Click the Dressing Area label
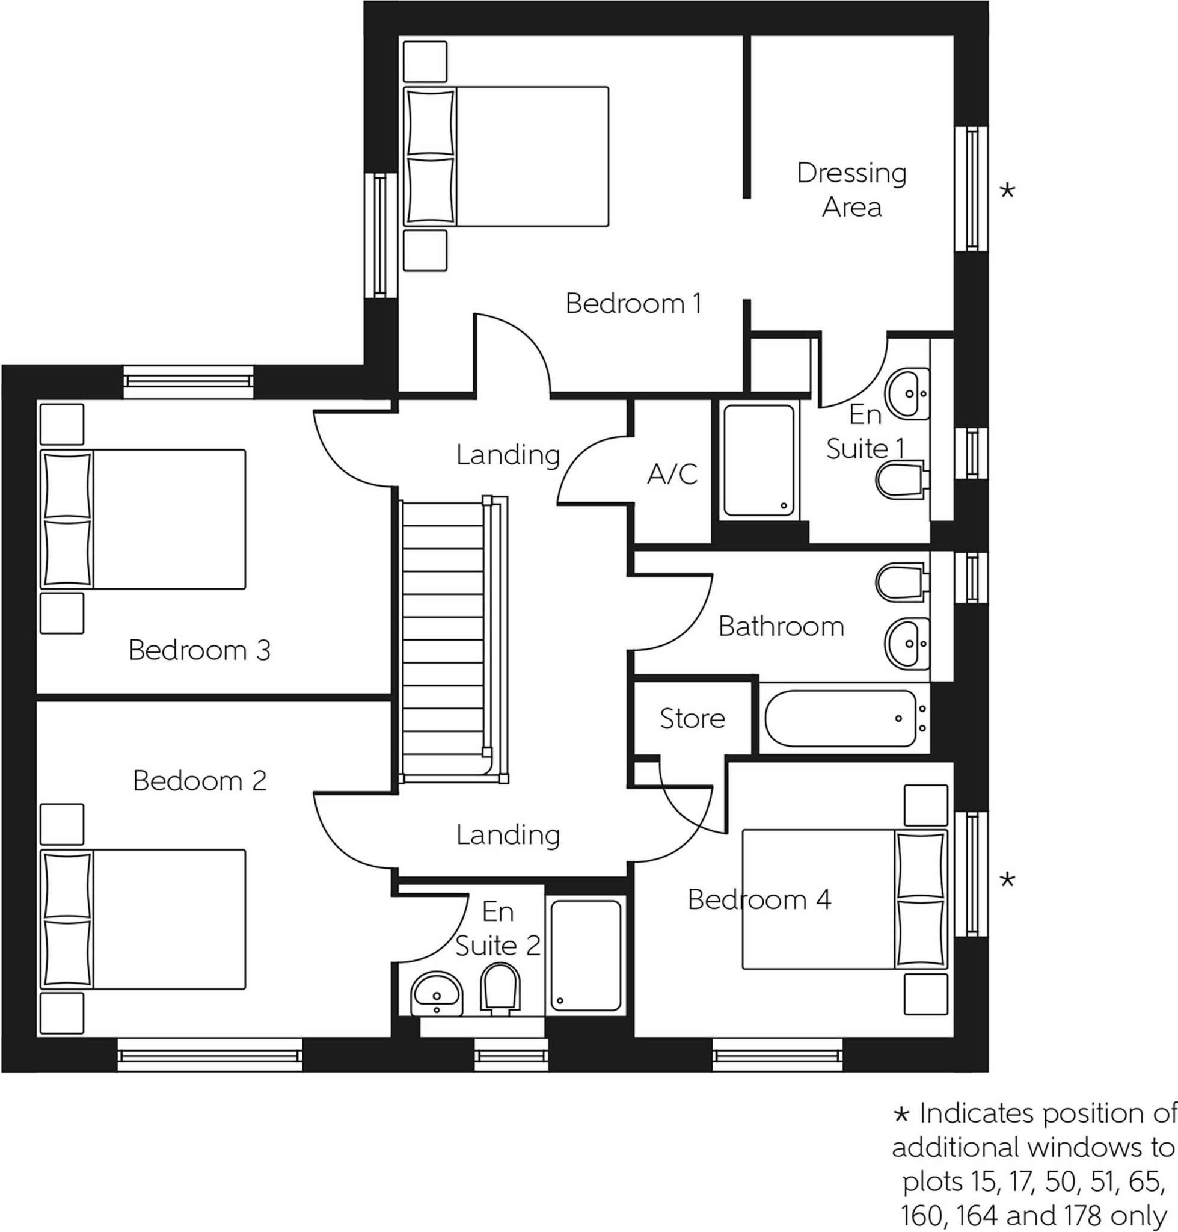[x=851, y=189]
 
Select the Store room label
[x=692, y=718]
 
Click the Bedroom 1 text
[x=633, y=303]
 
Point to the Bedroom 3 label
[x=199, y=650]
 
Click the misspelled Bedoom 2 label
[x=199, y=781]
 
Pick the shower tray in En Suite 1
[x=758, y=461]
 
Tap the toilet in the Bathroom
[x=899, y=581]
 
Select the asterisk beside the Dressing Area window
[x=1007, y=190]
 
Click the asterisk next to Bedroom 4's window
[x=1007, y=880]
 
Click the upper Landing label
[x=508, y=455]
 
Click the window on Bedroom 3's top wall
[x=188, y=381]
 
